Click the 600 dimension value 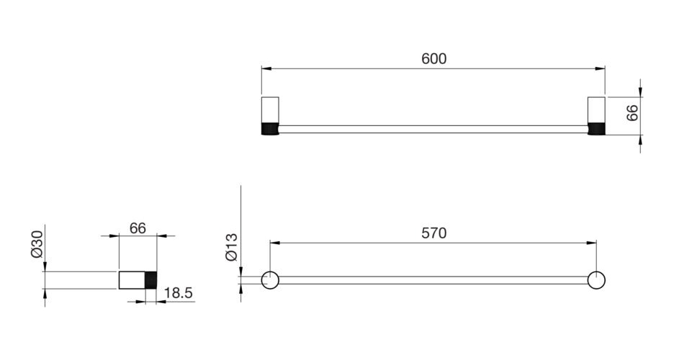pyautogui.click(x=433, y=58)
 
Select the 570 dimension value pyautogui.click(x=433, y=233)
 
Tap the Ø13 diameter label pyautogui.click(x=231, y=247)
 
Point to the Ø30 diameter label pyautogui.click(x=37, y=244)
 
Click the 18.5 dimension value pyautogui.click(x=179, y=294)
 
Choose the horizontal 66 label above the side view pyautogui.click(x=138, y=228)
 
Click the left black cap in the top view pyautogui.click(x=270, y=129)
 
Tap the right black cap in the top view pyautogui.click(x=596, y=129)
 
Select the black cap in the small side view pyautogui.click(x=151, y=280)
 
